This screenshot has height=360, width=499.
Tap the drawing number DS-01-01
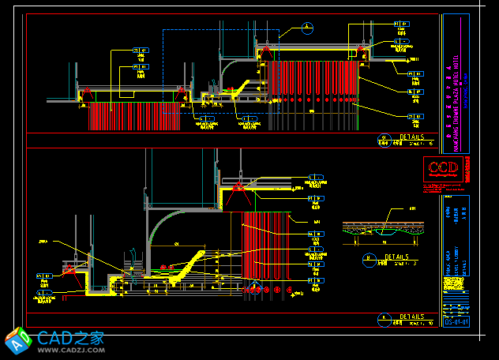[x=456, y=321]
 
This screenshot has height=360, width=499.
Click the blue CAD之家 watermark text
[x=71, y=337]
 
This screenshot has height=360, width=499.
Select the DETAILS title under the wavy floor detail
[x=396, y=257]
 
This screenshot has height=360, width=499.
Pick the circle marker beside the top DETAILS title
[x=385, y=138]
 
